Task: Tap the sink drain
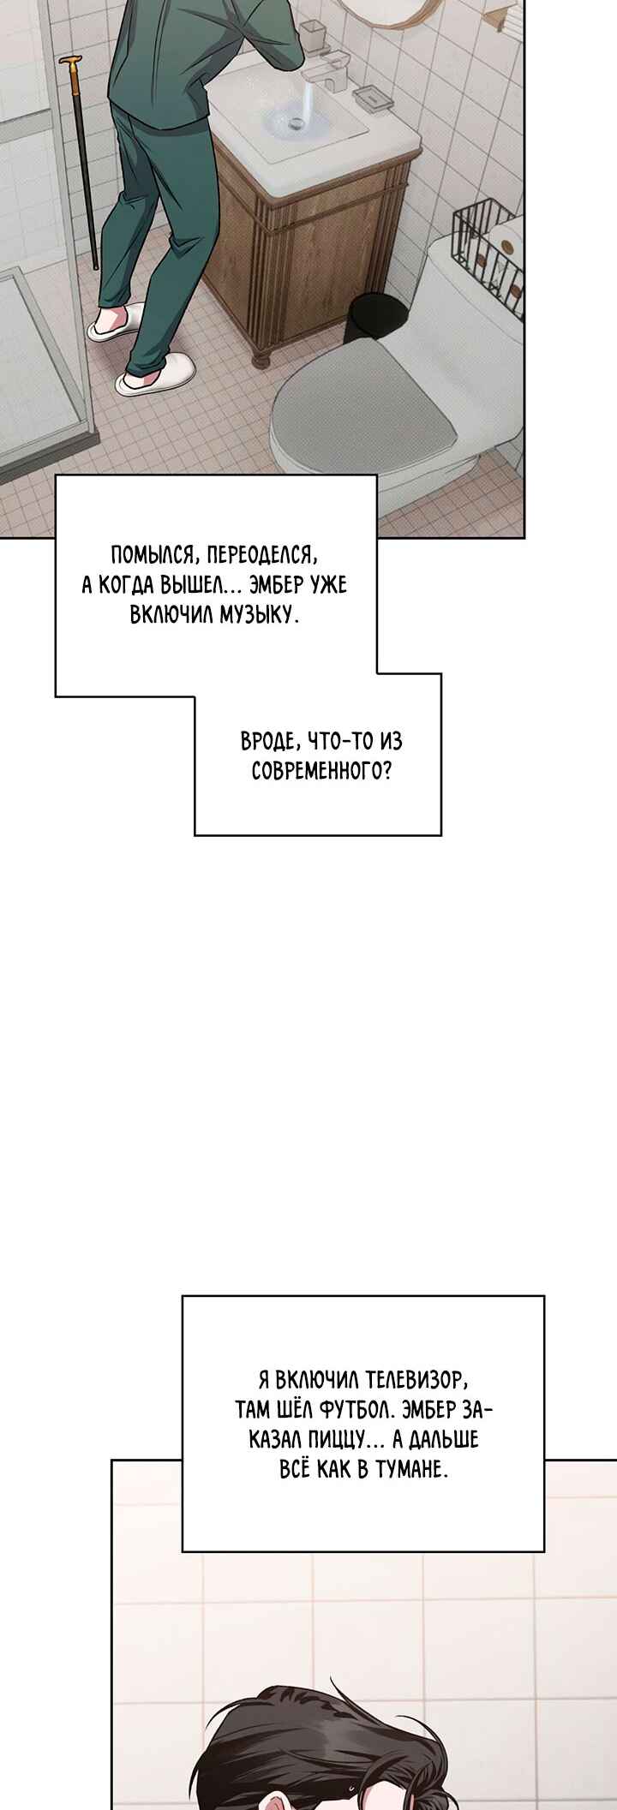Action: [x=297, y=122]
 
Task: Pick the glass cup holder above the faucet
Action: [x=313, y=34]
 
